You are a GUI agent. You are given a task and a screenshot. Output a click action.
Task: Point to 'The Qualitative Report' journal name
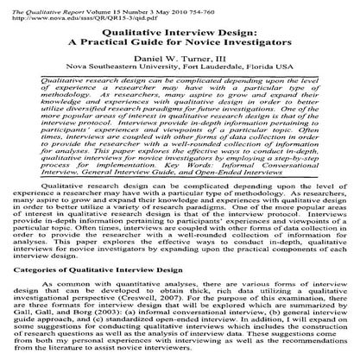pos(33,4)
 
